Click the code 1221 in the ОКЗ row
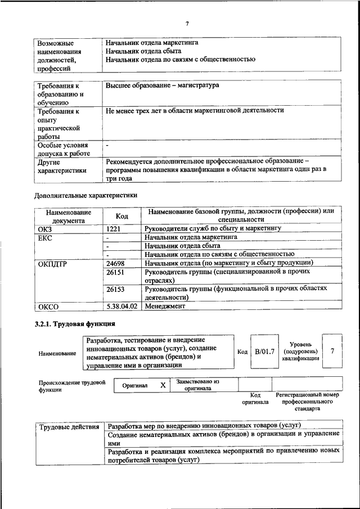(x=116, y=229)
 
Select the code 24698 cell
(x=117, y=263)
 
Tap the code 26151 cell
(x=117, y=272)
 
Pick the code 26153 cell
(x=117, y=289)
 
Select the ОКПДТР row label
(x=52, y=263)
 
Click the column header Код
(x=121, y=216)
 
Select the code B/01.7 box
(x=264, y=352)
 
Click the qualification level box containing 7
(x=332, y=351)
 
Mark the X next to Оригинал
(x=163, y=385)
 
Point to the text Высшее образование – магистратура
(x=162, y=85)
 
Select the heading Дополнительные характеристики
(x=85, y=195)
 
